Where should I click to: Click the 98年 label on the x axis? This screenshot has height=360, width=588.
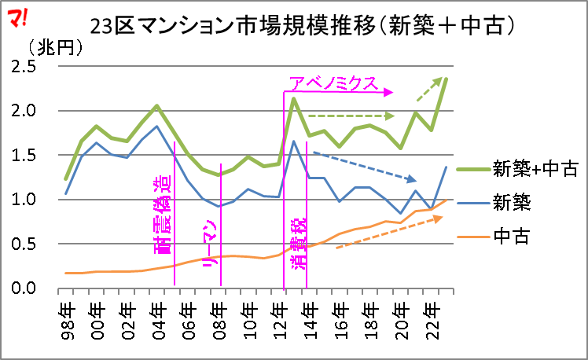point(68,314)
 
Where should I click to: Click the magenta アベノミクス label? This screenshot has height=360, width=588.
point(334,83)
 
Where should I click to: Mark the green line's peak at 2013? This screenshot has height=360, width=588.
point(293,98)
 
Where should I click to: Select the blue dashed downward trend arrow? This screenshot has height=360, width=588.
point(365,166)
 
